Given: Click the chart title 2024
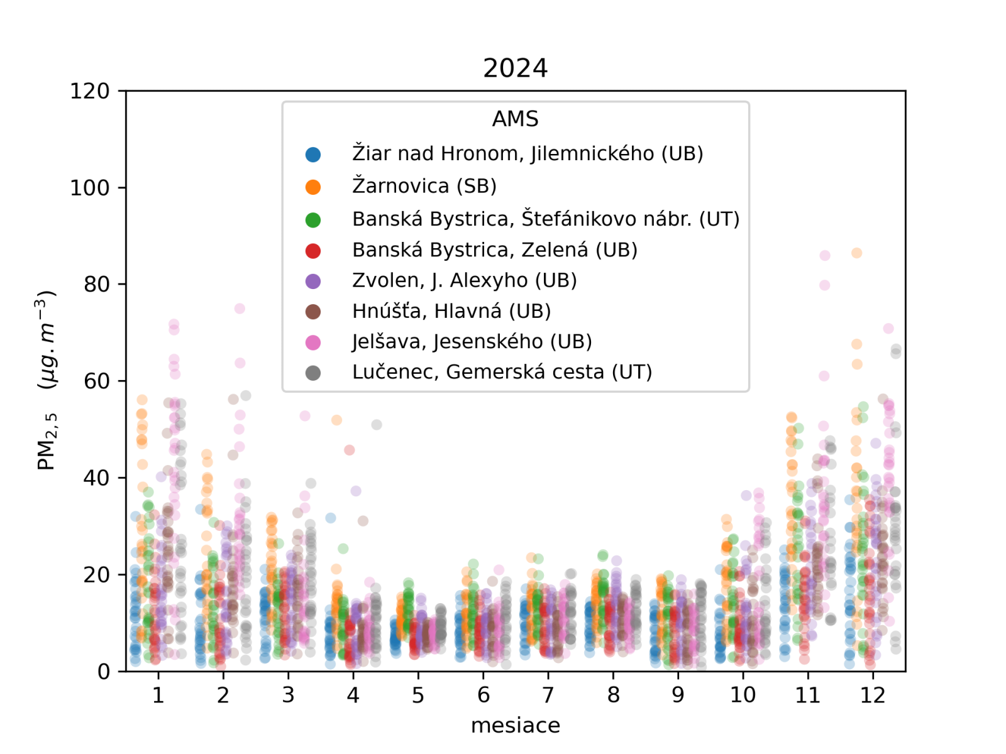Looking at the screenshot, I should tap(515, 68).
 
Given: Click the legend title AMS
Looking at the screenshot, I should tap(515, 119).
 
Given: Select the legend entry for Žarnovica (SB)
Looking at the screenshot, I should tap(424, 186).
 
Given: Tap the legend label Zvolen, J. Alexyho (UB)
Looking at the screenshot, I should tap(464, 280).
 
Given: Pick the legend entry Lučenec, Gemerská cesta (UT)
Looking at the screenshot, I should tap(502, 372).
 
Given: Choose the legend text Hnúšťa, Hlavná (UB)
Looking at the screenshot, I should tap(451, 311).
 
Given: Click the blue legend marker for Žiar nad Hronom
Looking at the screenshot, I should tap(312, 154).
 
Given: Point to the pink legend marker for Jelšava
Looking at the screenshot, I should tap(312, 342).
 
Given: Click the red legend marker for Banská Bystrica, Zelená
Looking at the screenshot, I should tap(312, 251).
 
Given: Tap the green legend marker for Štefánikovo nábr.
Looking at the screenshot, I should tap(312, 220).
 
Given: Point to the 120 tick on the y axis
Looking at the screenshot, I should tap(89, 91).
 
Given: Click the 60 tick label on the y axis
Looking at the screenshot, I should tap(96, 381).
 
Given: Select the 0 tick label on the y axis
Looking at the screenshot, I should tap(103, 672).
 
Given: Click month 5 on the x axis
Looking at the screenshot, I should tap(418, 695).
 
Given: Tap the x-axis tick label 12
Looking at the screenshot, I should tap(873, 695).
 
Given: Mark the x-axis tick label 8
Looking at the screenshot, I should tap(613, 695).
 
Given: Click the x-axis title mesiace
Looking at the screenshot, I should tap(515, 725).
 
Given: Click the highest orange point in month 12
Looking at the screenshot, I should tap(856, 253).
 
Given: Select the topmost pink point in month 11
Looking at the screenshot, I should tap(825, 256).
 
